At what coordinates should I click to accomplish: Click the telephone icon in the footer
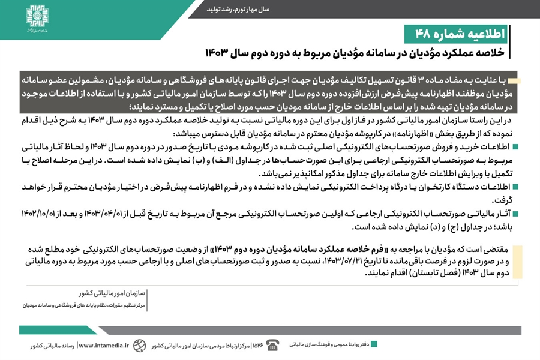[x=274, y=344]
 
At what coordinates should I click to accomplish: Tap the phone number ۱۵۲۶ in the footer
[x=257, y=345]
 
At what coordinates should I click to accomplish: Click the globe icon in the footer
[x=139, y=345]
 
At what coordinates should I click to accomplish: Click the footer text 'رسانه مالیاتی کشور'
[x=52, y=345]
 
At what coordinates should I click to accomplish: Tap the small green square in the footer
[x=374, y=344]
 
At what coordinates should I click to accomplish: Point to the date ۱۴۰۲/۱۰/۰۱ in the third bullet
[x=50, y=214]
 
